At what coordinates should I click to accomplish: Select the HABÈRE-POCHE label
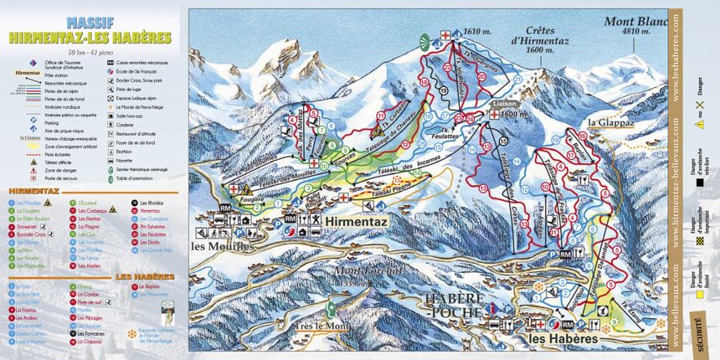pyautogui.click(x=453, y=305)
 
